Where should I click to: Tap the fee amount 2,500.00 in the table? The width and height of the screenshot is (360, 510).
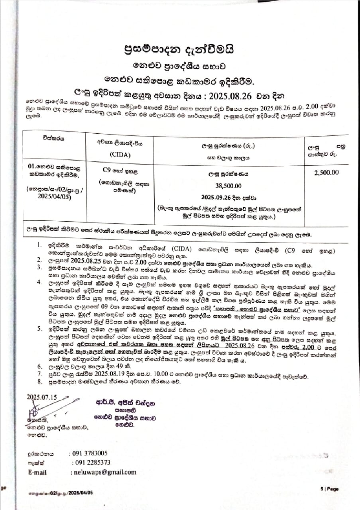326,173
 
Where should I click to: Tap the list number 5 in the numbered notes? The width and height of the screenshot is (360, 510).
50,329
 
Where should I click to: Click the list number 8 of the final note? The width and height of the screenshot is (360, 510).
50,381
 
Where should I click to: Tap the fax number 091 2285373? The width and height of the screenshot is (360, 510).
91,463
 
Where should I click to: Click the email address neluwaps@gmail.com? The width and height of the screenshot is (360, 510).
103,472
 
